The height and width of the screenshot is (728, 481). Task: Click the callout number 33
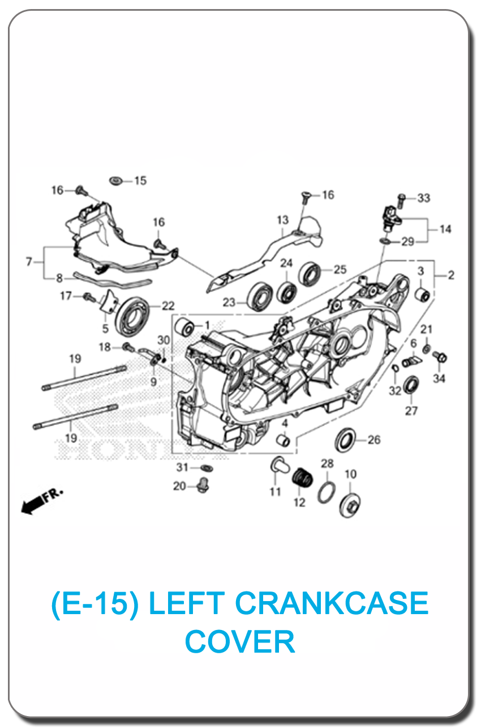423,198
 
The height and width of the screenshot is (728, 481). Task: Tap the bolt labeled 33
401,201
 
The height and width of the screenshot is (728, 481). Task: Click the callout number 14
445,229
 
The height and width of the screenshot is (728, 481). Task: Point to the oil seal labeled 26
345,440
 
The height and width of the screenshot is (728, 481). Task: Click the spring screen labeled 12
303,478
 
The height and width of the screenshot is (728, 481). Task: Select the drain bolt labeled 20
203,485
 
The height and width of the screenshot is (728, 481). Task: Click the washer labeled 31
207,467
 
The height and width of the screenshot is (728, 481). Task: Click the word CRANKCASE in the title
332,603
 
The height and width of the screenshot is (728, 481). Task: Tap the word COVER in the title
240,641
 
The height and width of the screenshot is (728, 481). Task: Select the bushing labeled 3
423,294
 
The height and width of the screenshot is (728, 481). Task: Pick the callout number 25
340,270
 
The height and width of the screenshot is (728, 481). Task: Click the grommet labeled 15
115,181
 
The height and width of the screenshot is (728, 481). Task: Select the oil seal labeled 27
411,385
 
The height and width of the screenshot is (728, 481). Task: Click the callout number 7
29,262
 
